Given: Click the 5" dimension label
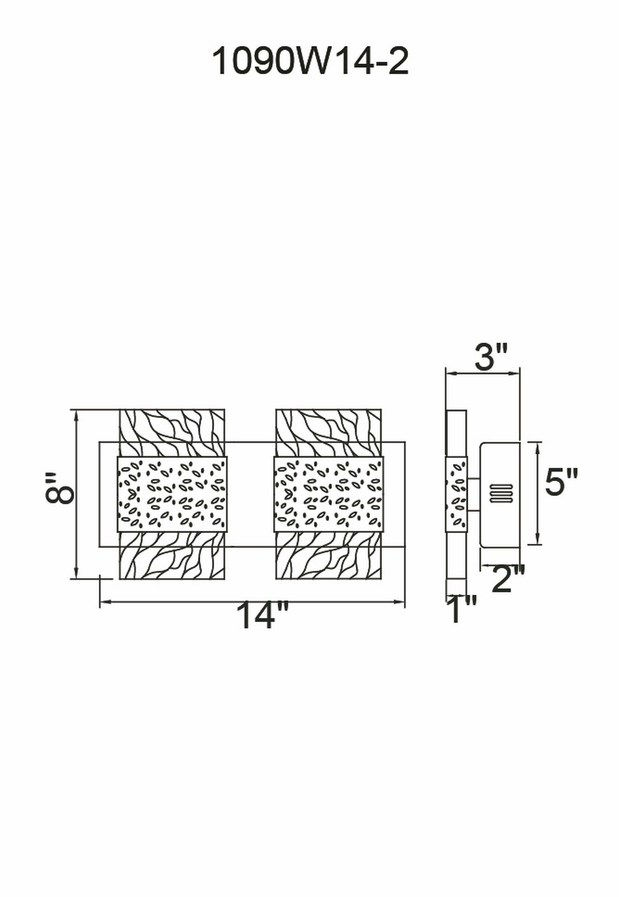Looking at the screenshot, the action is coord(561,483).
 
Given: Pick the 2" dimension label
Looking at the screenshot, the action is coord(507,579).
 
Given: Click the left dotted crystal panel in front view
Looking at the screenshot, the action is coord(172,494).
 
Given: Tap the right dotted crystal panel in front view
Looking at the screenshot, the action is coord(329,494).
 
